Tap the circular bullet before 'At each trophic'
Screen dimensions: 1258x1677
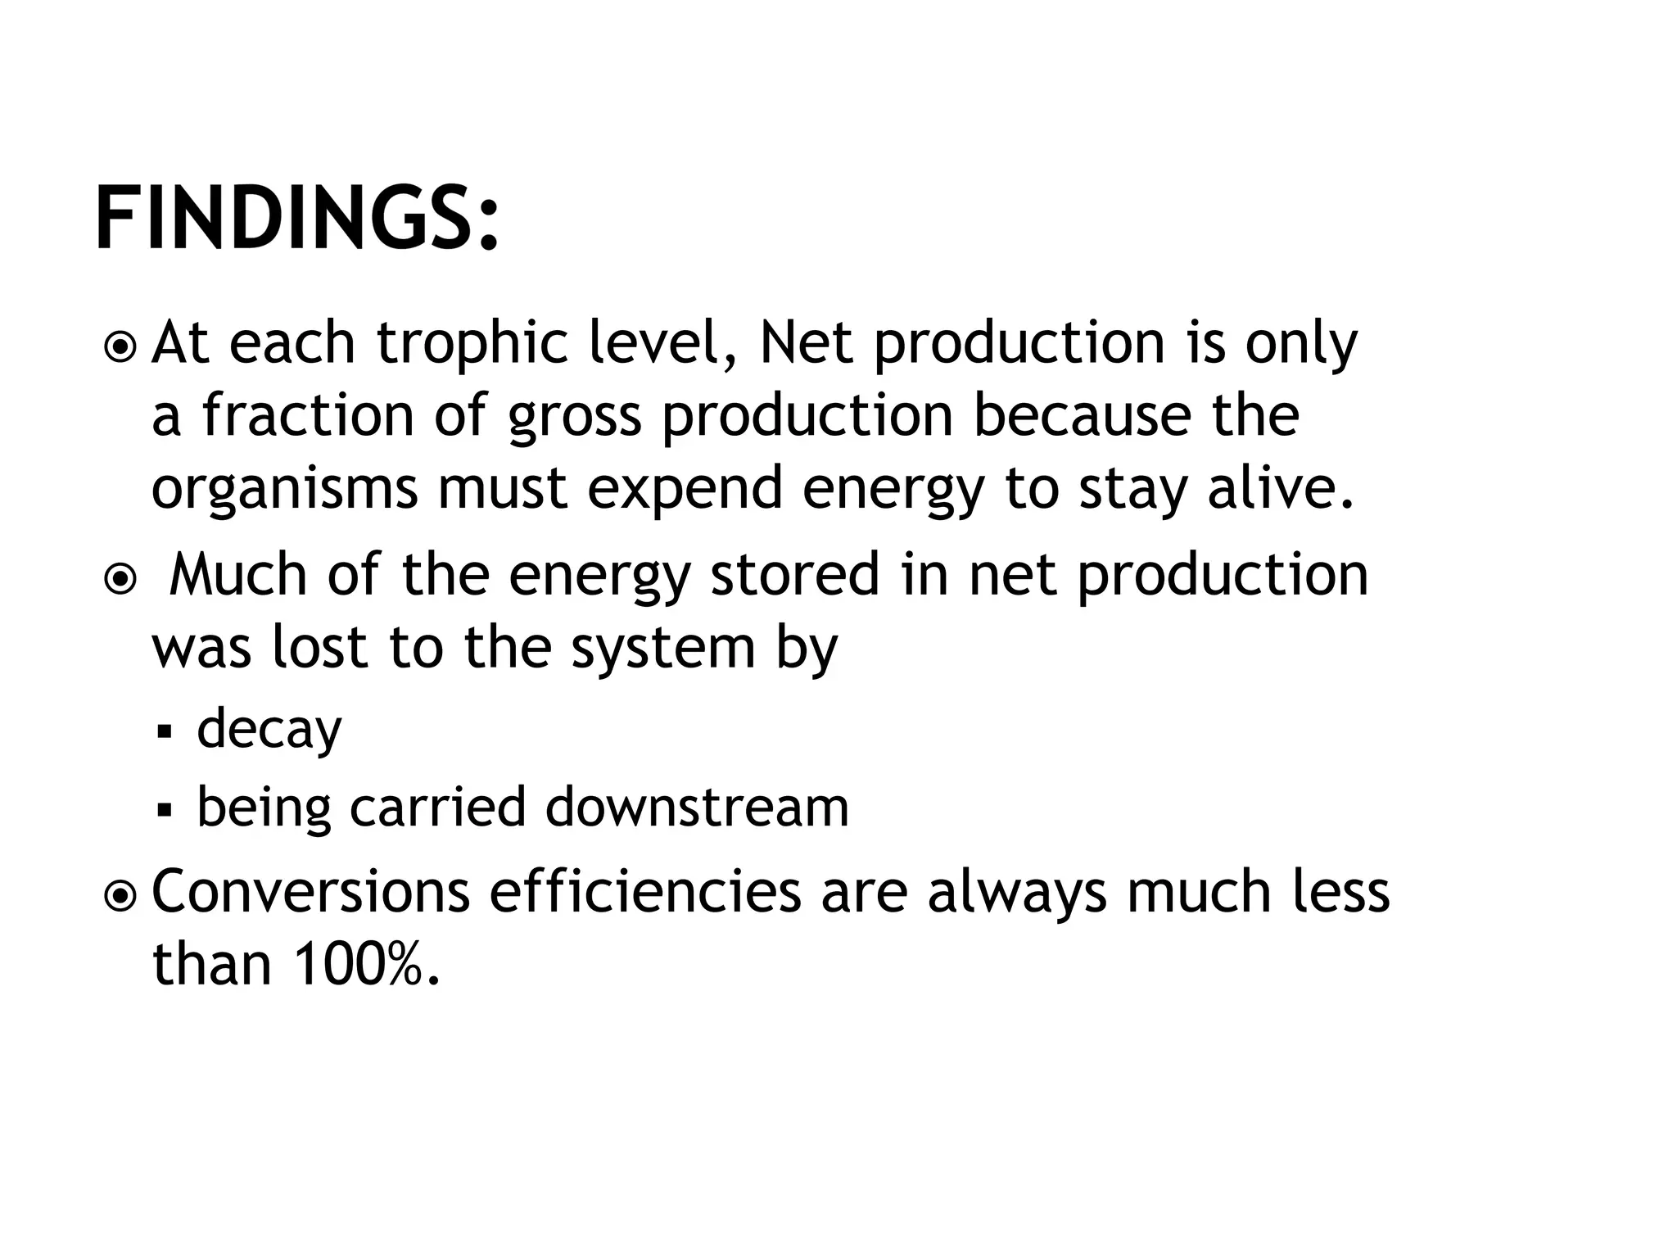point(121,347)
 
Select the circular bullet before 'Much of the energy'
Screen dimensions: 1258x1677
point(121,580)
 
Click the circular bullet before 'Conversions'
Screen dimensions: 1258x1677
point(121,897)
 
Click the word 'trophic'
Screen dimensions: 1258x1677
point(472,344)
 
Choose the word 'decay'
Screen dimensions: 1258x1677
point(269,730)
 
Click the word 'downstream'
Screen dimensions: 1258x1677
point(697,808)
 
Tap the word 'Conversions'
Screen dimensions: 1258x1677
point(310,892)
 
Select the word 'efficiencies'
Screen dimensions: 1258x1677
point(645,892)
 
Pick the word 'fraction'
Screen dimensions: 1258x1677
point(308,416)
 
